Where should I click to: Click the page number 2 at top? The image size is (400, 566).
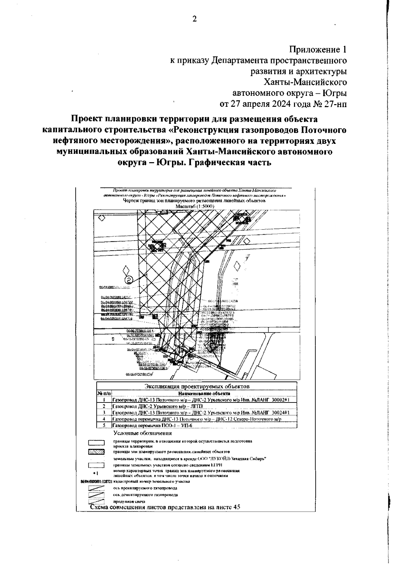(x=195, y=19)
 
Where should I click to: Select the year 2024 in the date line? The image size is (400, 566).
(x=279, y=103)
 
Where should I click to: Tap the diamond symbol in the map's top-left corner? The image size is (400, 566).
(x=102, y=218)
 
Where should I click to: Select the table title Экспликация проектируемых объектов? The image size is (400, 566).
(x=197, y=386)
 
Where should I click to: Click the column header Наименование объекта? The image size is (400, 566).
(x=204, y=393)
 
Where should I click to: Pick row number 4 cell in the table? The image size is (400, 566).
(x=104, y=419)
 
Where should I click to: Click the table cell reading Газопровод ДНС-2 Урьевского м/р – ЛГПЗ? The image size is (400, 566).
(x=157, y=406)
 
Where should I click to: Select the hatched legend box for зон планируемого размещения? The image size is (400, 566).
(x=96, y=452)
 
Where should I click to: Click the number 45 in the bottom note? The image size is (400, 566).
(x=236, y=507)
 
